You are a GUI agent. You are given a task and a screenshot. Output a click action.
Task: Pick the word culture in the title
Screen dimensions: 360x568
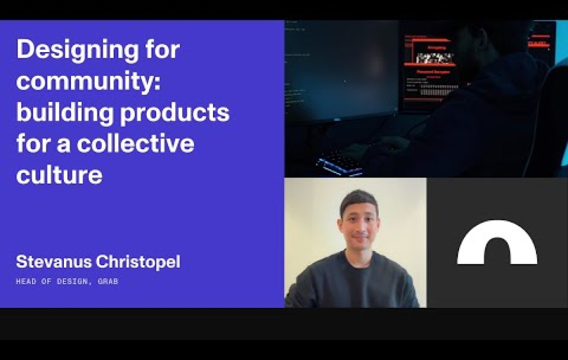pyautogui.click(x=59, y=175)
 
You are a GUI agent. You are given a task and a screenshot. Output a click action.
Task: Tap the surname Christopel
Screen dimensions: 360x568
pyautogui.click(x=140, y=262)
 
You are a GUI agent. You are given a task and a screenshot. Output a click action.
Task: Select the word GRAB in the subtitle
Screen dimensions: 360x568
pyautogui.click(x=108, y=281)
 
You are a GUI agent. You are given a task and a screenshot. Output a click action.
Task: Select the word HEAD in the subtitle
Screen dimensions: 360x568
pyautogui.click(x=25, y=281)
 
